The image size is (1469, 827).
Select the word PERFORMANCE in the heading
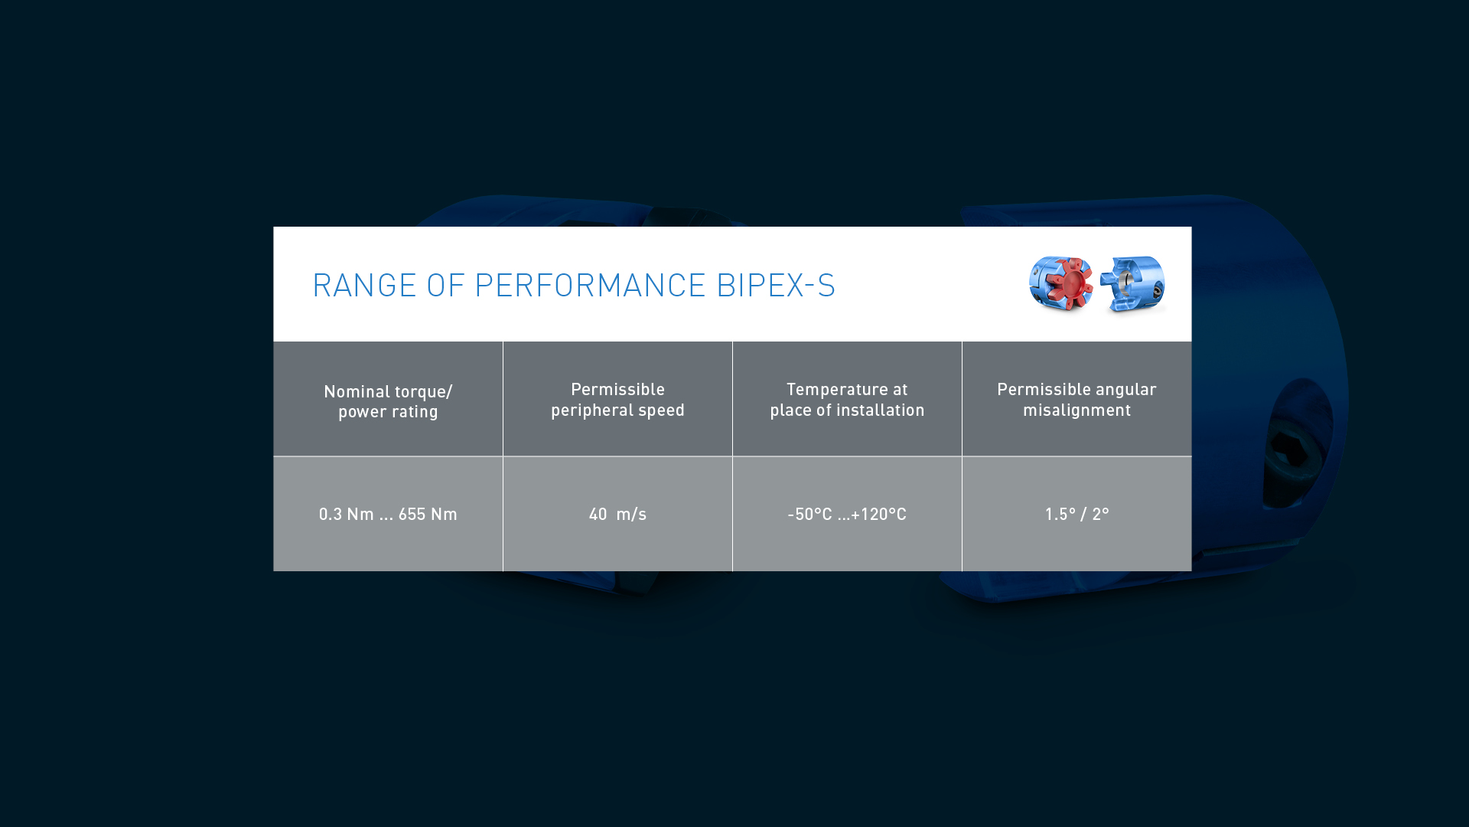(590, 285)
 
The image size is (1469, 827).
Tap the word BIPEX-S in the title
(776, 285)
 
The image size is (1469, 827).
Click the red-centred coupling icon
(1061, 283)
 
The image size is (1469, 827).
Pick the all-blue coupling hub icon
(1132, 284)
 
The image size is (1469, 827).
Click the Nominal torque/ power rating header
(388, 401)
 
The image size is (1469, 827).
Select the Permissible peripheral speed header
(617, 400)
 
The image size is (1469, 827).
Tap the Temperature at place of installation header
(847, 400)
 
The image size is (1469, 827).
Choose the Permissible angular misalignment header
(1077, 400)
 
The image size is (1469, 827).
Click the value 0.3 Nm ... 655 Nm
(388, 514)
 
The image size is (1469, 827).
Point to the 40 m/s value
(617, 514)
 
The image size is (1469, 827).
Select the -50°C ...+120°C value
(847, 514)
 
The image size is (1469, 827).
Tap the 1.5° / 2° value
(1077, 514)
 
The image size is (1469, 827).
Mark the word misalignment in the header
(1077, 410)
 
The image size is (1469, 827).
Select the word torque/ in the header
(424, 392)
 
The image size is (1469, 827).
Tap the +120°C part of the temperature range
(878, 514)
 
